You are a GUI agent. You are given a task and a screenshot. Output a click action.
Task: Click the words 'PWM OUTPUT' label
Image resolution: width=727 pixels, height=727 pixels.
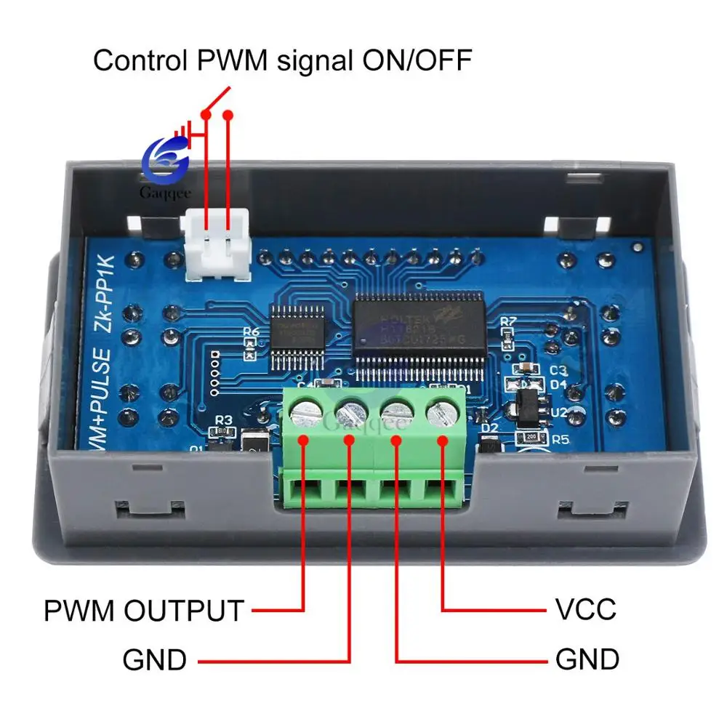143,610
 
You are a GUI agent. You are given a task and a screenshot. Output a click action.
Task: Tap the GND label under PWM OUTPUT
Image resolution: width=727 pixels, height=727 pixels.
155,660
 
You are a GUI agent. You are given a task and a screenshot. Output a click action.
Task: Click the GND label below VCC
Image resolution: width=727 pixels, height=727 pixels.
587,659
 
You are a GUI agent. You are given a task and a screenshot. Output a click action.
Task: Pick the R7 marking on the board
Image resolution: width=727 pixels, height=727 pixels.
509,321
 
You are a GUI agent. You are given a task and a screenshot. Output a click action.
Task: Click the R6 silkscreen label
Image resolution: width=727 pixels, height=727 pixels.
252,332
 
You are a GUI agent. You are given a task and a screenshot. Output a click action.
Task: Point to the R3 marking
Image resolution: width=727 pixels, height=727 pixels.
223,419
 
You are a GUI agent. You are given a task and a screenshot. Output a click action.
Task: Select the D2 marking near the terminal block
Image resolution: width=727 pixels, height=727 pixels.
491,427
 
